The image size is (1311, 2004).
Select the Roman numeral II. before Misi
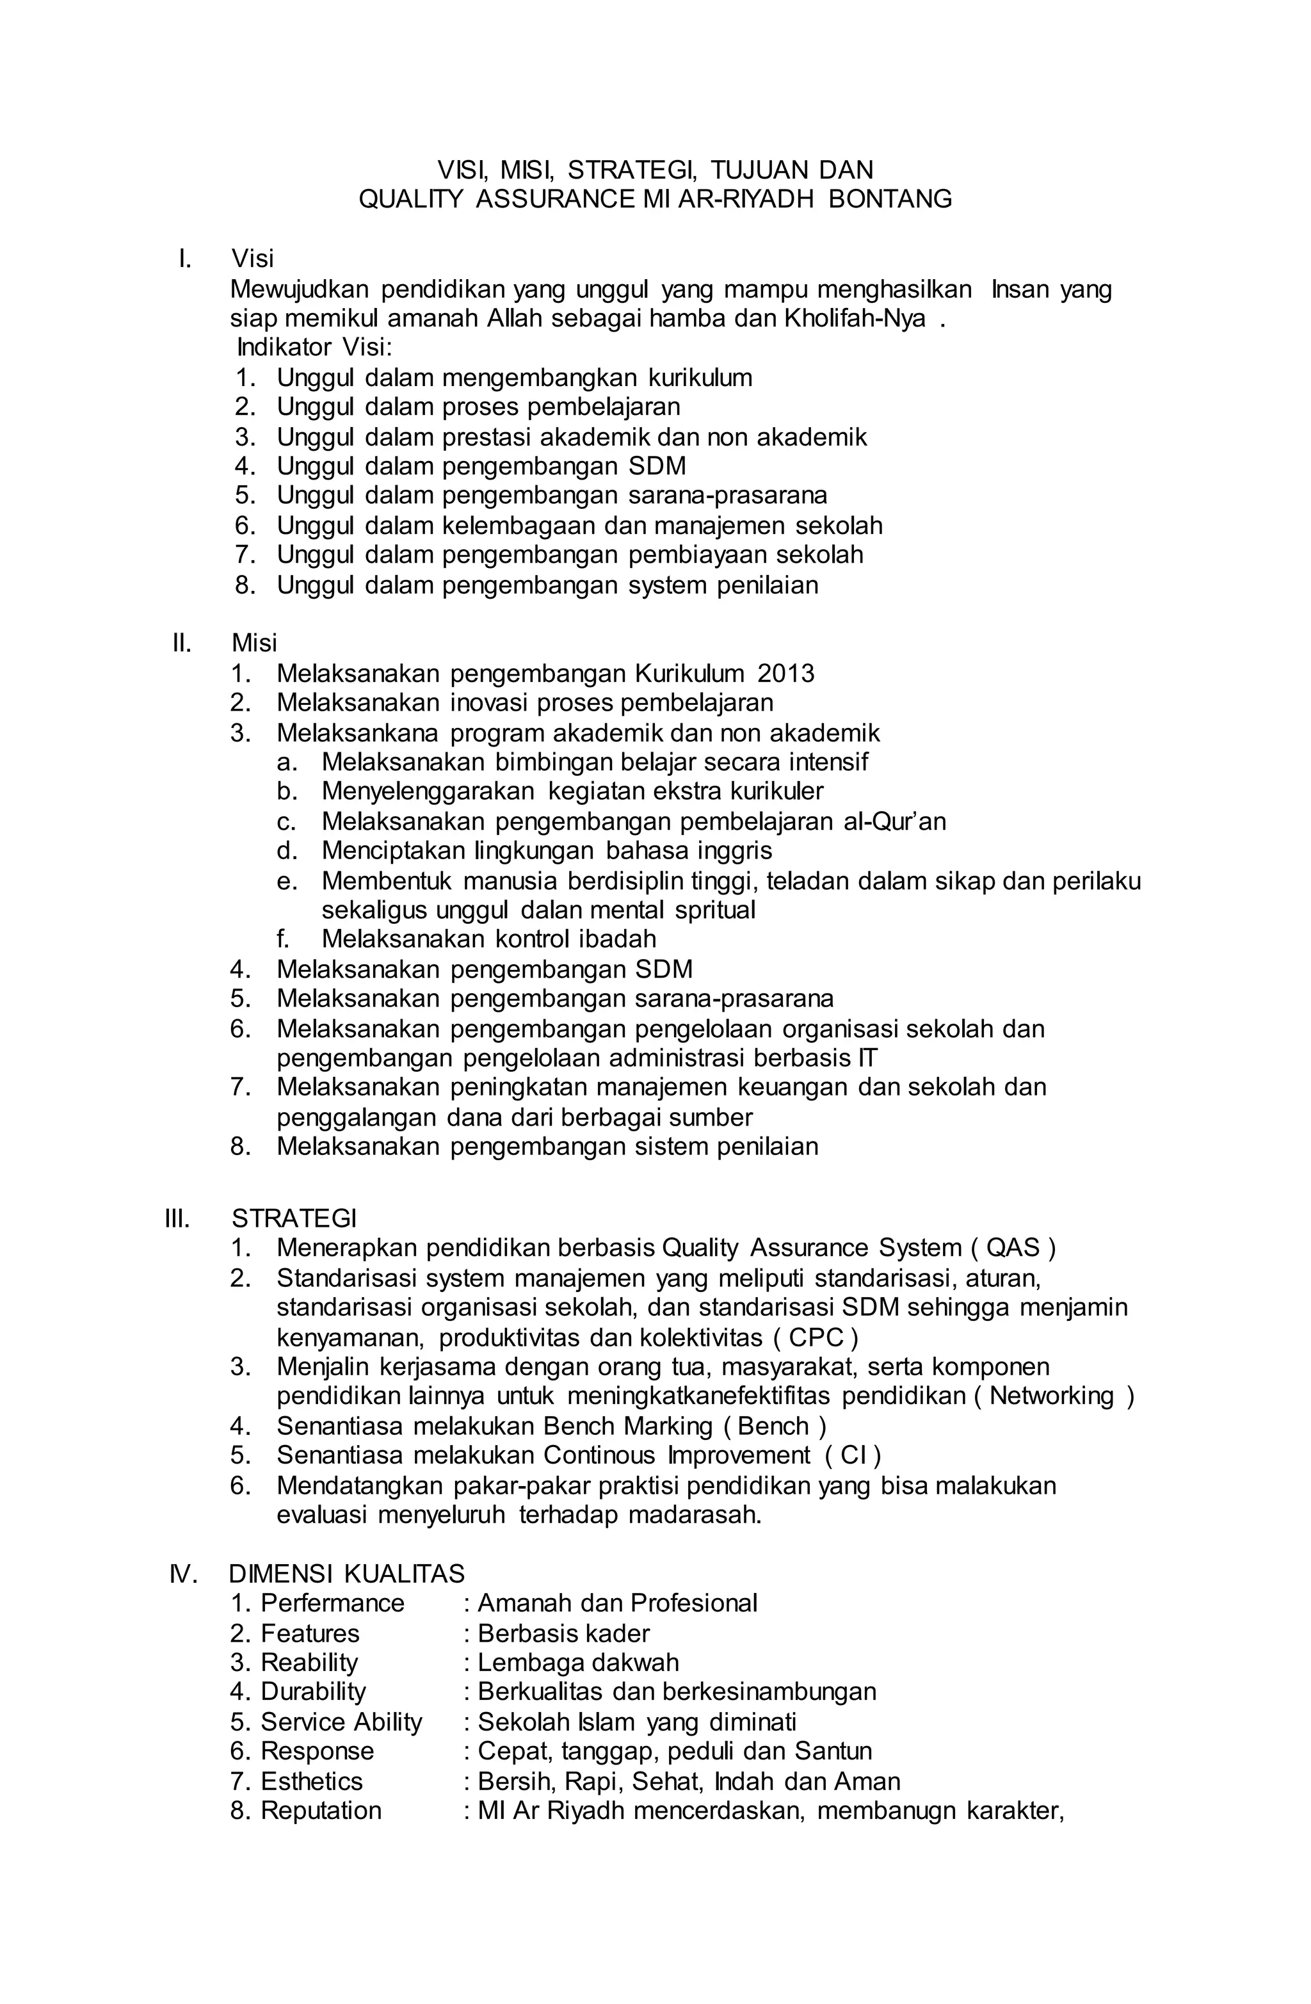pyautogui.click(x=182, y=643)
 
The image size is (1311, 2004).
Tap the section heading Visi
pyautogui.click(x=253, y=259)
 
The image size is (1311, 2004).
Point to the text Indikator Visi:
pyautogui.click(x=315, y=348)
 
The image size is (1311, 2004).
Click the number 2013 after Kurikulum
pyautogui.click(x=785, y=674)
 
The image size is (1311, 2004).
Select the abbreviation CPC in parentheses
pyautogui.click(x=816, y=1337)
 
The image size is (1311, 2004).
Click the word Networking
pyautogui.click(x=1052, y=1396)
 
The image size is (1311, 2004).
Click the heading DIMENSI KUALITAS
pyautogui.click(x=347, y=1574)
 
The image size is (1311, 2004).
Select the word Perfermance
pyautogui.click(x=333, y=1603)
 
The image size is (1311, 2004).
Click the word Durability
pyautogui.click(x=313, y=1692)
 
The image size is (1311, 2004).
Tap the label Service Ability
pyautogui.click(x=341, y=1722)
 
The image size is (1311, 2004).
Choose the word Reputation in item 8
pyautogui.click(x=321, y=1811)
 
